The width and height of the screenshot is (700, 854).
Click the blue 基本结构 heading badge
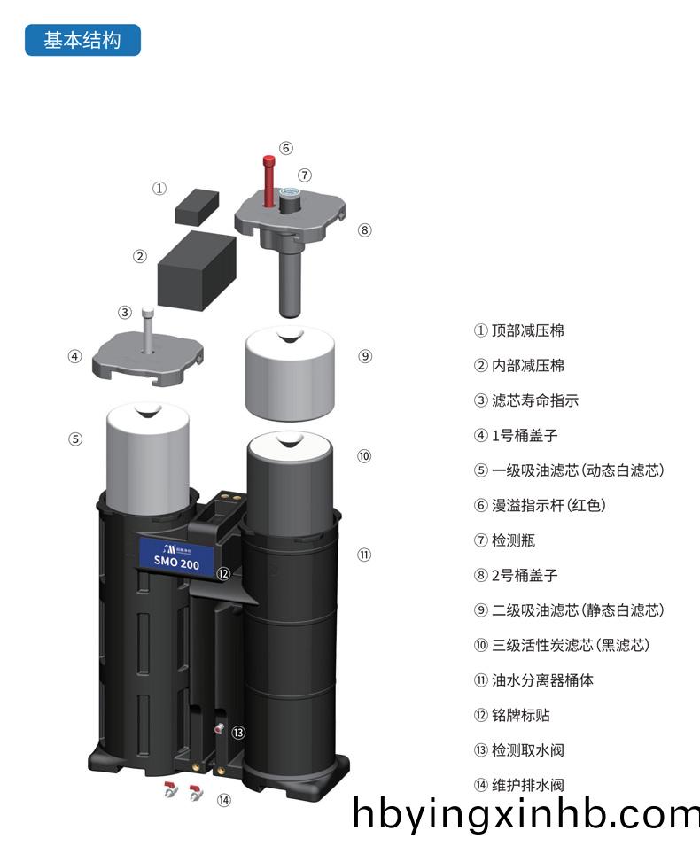[x=82, y=41]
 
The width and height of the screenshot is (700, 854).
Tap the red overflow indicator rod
[x=268, y=181]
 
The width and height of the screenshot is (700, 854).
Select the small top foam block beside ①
[x=196, y=206]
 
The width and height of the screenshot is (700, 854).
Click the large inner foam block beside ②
[x=196, y=269]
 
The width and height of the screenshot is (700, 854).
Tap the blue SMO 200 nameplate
[x=176, y=557]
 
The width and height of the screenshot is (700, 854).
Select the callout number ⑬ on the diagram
[x=237, y=733]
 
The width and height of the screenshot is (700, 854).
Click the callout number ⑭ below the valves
[x=224, y=800]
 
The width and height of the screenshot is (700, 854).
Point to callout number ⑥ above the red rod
[x=285, y=148]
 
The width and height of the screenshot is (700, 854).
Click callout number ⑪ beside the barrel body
[x=364, y=555]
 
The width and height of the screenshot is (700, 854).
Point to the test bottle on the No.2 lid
[x=291, y=198]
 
